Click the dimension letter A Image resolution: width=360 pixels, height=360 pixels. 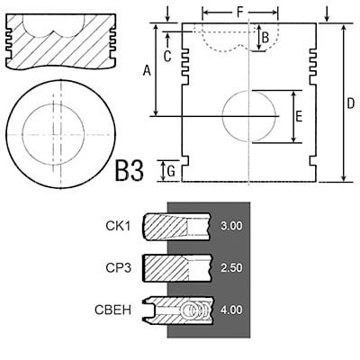point(147,71)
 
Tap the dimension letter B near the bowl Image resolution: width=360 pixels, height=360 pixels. point(265,38)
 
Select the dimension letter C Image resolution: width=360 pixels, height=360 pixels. point(167,56)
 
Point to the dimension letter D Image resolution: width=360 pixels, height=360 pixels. point(350,103)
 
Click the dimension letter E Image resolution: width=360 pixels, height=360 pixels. point(299,116)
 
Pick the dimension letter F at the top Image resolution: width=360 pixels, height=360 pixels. point(240,13)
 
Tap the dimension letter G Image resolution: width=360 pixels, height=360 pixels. point(171,171)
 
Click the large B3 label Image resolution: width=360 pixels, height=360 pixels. point(130,171)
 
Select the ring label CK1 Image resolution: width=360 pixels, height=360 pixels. point(118,226)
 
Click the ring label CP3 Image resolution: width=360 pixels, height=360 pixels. point(119,268)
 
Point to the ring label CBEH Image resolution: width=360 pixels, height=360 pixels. point(113,310)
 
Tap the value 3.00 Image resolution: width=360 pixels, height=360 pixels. point(231,226)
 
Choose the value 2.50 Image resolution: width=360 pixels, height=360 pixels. point(231,268)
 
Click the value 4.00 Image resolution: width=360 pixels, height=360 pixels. point(231,310)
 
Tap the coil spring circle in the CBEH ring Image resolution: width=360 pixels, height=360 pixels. point(191,310)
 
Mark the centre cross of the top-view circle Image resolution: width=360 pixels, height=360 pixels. point(54,134)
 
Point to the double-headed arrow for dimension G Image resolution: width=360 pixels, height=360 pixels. point(163,171)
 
